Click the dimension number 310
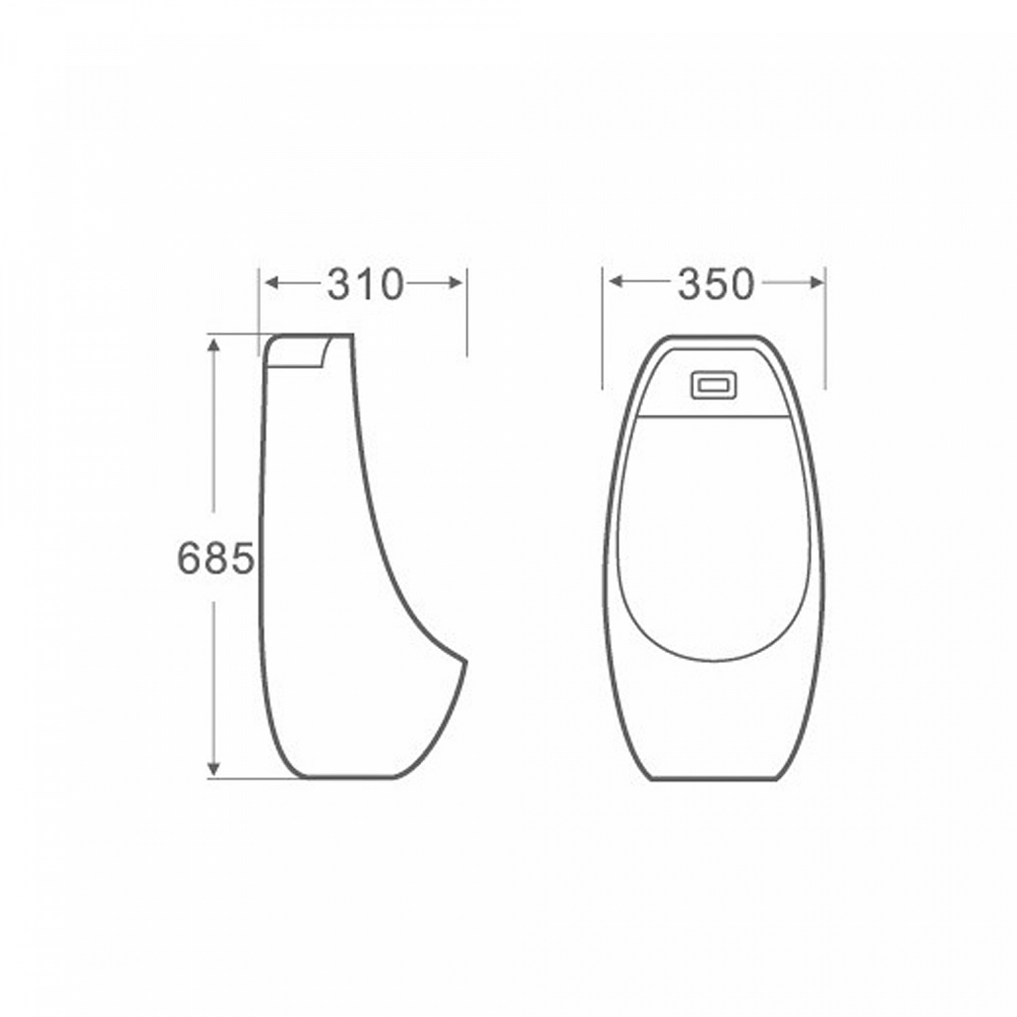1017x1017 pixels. pyautogui.click(x=365, y=285)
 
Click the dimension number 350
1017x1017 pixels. pyautogui.click(x=715, y=285)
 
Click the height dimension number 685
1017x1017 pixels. pyautogui.click(x=216, y=559)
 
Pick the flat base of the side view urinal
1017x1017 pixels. pyautogui.click(x=349, y=777)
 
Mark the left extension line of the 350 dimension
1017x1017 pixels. pyautogui.click(x=603, y=332)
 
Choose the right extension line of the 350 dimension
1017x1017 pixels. pyautogui.click(x=825, y=332)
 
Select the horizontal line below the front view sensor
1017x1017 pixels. pyautogui.click(x=714, y=414)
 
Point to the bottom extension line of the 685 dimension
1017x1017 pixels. pyautogui.click(x=251, y=779)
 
